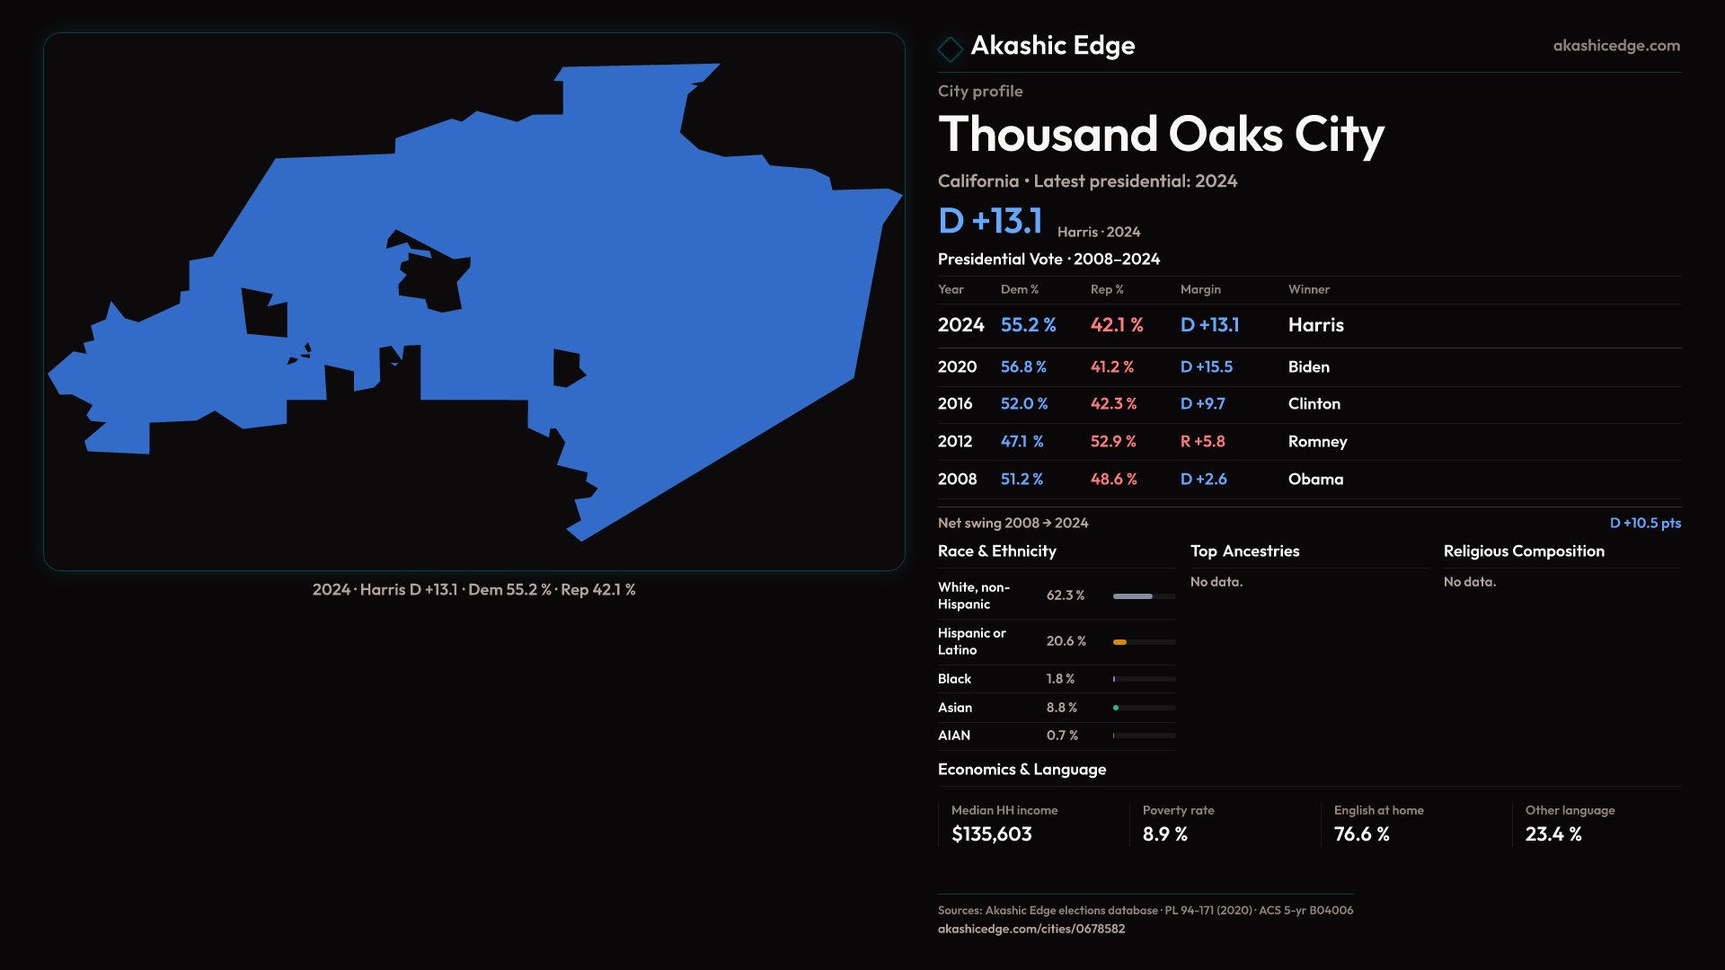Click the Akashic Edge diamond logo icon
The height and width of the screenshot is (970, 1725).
coord(950,48)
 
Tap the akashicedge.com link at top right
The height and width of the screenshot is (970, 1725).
coord(1616,45)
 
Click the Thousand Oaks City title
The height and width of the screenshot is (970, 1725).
coord(1161,135)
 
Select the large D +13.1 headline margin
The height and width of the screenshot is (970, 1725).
coord(990,221)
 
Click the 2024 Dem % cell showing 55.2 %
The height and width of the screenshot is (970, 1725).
coord(1028,325)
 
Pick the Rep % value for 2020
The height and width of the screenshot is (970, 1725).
coord(1111,366)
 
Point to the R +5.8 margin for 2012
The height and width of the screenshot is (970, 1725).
coord(1202,441)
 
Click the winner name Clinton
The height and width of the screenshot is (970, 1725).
coord(1314,404)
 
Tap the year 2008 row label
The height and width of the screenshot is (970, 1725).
coord(957,479)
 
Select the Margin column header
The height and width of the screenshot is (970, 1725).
coord(1200,289)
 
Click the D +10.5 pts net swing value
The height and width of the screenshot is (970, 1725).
coord(1644,523)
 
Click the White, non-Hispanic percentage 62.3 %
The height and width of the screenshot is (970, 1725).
coord(1066,595)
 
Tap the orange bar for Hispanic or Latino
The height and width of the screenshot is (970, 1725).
coord(1119,642)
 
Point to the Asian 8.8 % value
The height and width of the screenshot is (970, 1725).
coord(1061,708)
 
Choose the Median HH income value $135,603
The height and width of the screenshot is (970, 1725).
coord(991,834)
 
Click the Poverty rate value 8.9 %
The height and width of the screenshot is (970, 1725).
coord(1164,834)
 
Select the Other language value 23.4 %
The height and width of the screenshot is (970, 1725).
coord(1552,834)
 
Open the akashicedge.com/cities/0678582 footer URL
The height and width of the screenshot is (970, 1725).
coord(1031,929)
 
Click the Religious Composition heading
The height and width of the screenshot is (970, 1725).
coord(1523,551)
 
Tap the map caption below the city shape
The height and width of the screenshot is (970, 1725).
coord(473,590)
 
